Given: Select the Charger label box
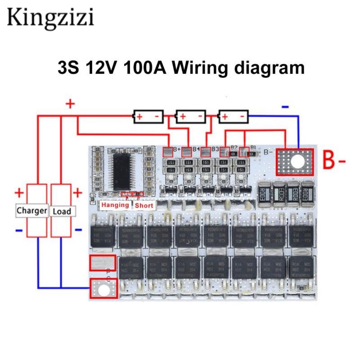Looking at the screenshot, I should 31,211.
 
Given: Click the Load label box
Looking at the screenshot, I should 62,211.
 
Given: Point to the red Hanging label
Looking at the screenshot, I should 115,205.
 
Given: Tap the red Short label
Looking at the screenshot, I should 144,205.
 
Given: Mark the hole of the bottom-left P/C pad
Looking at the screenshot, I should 104,289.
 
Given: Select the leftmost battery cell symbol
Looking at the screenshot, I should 148,117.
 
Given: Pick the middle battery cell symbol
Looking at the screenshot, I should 191,117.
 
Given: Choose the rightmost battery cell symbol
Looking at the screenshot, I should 234,117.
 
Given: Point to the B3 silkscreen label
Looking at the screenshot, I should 215,149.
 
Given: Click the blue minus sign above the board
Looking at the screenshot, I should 285,107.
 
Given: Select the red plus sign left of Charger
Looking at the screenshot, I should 19,193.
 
